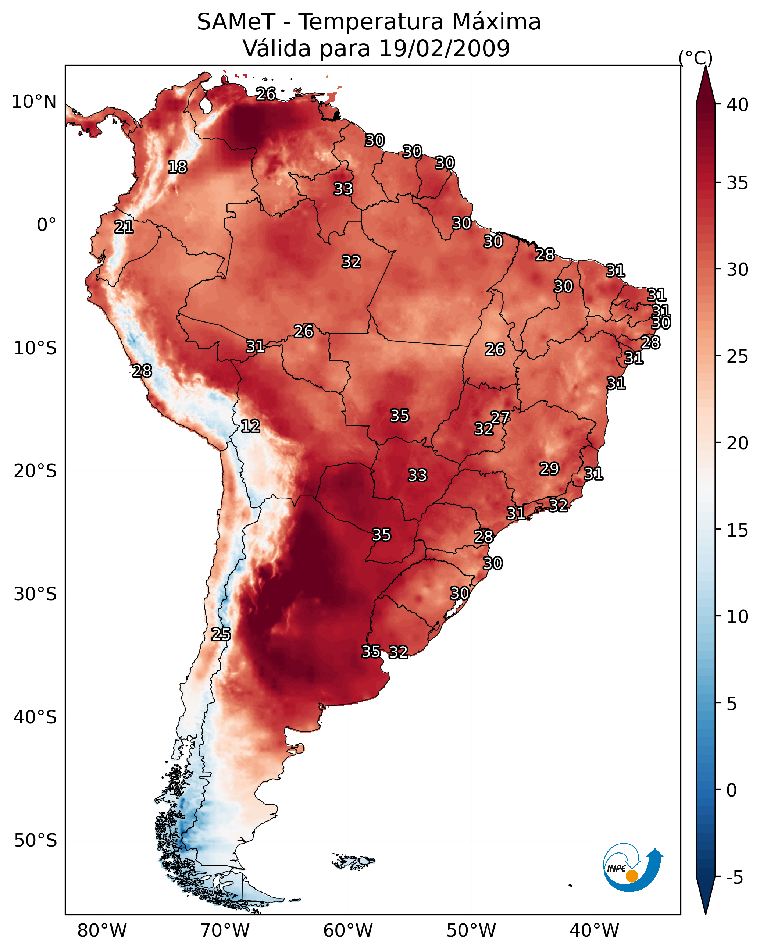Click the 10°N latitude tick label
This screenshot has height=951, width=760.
coord(34,102)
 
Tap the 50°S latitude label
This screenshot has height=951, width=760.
coord(35,841)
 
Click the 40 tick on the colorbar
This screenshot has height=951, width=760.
coord(738,105)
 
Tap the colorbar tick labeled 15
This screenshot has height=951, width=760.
coord(738,530)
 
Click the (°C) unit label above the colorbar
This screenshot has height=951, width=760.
coord(695,58)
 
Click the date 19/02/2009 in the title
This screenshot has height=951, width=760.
coord(444,49)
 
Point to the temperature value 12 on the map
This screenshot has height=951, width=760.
coord(250,426)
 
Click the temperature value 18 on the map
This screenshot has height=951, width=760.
coord(177,167)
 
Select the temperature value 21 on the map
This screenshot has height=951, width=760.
coord(124,227)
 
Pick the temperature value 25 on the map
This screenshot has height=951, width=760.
coord(221,634)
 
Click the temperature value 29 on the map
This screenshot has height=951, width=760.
coord(549,469)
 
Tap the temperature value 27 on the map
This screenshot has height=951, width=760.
coord(500,417)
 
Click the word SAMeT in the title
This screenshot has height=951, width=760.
coord(236,22)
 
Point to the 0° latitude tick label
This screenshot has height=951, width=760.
coord(46,225)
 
